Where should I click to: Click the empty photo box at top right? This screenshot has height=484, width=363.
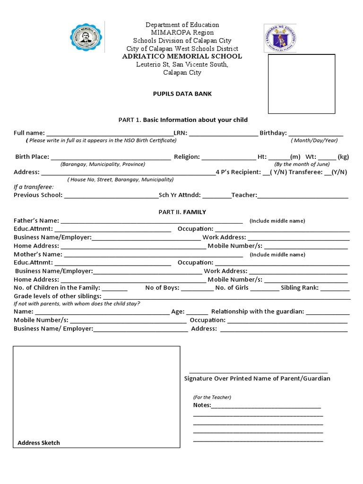(302, 84)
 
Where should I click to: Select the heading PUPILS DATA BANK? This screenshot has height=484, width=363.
(182, 94)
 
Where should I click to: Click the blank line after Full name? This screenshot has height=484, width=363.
(109, 134)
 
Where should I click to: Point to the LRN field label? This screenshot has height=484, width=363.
(180, 133)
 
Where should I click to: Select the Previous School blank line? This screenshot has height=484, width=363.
(111, 196)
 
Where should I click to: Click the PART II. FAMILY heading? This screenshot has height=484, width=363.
(182, 212)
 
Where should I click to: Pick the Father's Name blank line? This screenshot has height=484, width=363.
(151, 221)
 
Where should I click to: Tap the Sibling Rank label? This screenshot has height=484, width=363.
(300, 287)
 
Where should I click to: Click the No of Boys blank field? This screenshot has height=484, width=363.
(197, 288)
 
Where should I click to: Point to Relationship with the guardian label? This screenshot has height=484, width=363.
(257, 311)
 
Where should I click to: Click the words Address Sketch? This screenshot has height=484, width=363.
(39, 443)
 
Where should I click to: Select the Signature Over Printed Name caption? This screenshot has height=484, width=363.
(257, 379)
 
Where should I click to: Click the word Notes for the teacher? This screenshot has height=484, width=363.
(202, 405)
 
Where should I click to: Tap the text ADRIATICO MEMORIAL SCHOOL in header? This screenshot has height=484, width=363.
(182, 56)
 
